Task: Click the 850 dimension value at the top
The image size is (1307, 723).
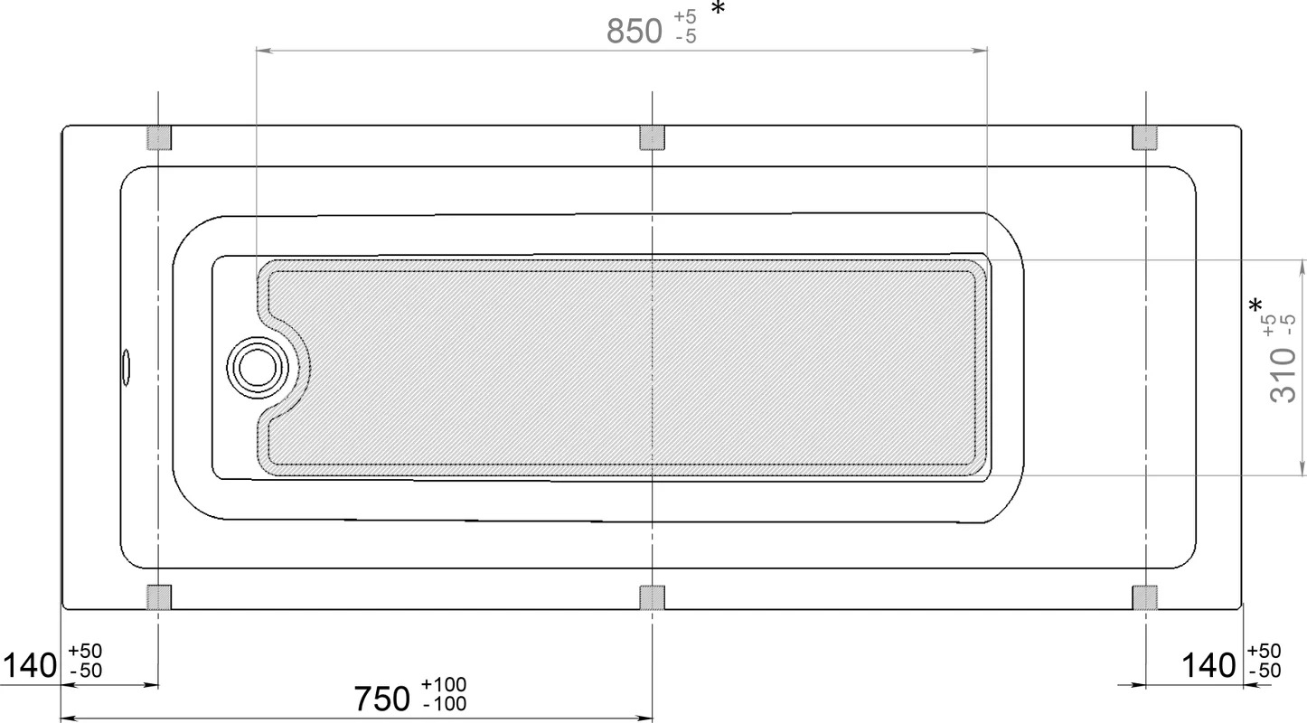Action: [x=635, y=31]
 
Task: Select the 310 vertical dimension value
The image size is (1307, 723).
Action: [x=1283, y=374]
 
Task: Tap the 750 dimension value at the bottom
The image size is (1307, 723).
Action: [x=381, y=699]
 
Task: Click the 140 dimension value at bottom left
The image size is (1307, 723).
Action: [x=30, y=665]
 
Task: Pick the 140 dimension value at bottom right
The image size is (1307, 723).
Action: [x=1208, y=665]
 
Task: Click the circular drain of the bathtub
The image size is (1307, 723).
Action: [x=258, y=368]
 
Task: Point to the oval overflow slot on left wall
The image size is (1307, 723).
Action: [x=126, y=368]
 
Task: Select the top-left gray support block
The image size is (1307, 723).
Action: [x=159, y=138]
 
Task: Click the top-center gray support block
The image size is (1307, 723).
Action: [x=652, y=138]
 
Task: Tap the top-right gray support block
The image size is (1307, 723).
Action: [x=1145, y=138]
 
